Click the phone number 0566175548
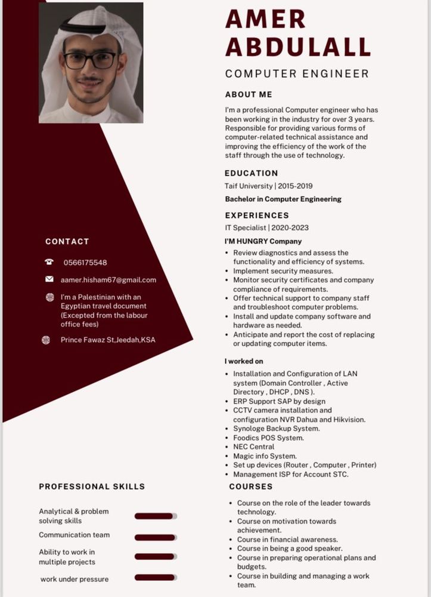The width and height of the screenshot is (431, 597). pos(85,263)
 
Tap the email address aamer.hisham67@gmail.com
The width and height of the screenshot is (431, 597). pos(108,280)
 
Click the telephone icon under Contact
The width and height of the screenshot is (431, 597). pos(49,262)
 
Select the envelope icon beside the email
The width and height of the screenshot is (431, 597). pos(49,279)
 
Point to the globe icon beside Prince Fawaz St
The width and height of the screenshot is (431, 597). pos(46,340)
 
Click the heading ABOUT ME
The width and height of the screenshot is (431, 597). pos(249,94)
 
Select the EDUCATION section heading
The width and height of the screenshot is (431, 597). pos(252,173)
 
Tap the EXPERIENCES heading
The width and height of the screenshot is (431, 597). pos(257,215)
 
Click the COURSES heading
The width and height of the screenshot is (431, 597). pos(251,487)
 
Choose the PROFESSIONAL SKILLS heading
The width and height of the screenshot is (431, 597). pos(92,487)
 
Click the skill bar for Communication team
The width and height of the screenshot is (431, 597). pos(156,537)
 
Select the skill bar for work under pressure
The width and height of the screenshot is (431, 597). pos(156,577)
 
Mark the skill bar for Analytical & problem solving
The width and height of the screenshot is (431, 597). pos(156,516)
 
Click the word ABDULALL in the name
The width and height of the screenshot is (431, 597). pos(298,47)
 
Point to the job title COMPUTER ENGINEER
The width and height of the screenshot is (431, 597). pos(297,74)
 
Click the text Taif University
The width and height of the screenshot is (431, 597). pos(248,186)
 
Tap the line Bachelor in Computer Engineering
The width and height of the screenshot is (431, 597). pos(283,199)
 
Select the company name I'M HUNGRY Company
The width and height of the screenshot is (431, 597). pos(263,242)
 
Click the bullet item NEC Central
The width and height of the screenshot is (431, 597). pos(254,447)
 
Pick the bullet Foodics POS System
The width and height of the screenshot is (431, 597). pos(268,438)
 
